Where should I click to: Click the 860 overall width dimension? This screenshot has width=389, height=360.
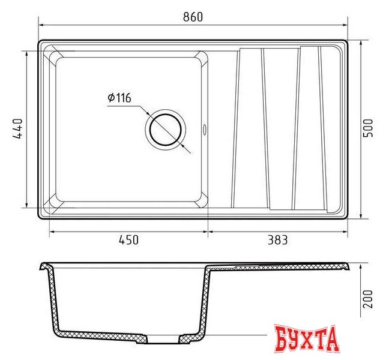pyautogui.click(x=193, y=17)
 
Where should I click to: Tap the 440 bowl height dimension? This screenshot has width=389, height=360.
pyautogui.click(x=18, y=128)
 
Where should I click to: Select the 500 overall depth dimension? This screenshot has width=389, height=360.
pyautogui.click(x=367, y=128)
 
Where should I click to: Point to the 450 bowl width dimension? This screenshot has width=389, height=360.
pyautogui.click(x=128, y=240)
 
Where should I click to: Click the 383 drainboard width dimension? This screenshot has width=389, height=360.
pyautogui.click(x=277, y=240)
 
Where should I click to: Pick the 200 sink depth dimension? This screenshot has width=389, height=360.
pyautogui.click(x=367, y=299)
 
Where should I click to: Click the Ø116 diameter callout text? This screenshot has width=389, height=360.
pyautogui.click(x=119, y=98)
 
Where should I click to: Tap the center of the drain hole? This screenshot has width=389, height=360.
pyautogui.click(x=166, y=130)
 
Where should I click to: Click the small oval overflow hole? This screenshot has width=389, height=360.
pyautogui.click(x=205, y=130)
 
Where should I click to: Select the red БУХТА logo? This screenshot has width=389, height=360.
pyautogui.click(x=307, y=338)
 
